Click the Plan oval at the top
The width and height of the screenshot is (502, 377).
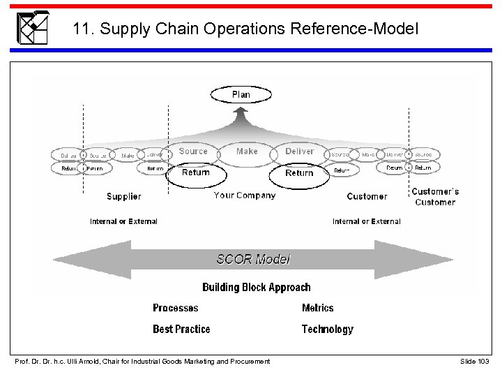coord(241,94)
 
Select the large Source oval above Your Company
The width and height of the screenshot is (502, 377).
coord(193,151)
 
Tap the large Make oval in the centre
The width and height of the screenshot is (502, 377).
coord(247,151)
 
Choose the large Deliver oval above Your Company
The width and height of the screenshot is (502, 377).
coord(300,151)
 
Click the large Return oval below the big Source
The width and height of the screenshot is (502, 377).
coord(195,173)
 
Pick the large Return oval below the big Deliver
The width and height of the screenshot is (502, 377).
coord(299,173)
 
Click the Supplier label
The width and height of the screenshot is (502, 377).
coord(123,197)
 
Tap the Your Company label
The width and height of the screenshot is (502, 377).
coord(244,195)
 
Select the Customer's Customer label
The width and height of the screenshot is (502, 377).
coord(435,197)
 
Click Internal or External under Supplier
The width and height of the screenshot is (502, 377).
coord(123,221)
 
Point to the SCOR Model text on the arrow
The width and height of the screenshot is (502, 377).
coord(253,259)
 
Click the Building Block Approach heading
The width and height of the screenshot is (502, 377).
coord(256,287)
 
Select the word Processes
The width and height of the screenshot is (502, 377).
coord(175,308)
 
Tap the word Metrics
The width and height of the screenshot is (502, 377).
coord(317,308)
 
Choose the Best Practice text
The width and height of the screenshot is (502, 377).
coord(181,329)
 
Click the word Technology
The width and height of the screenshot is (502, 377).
coord(327,329)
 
